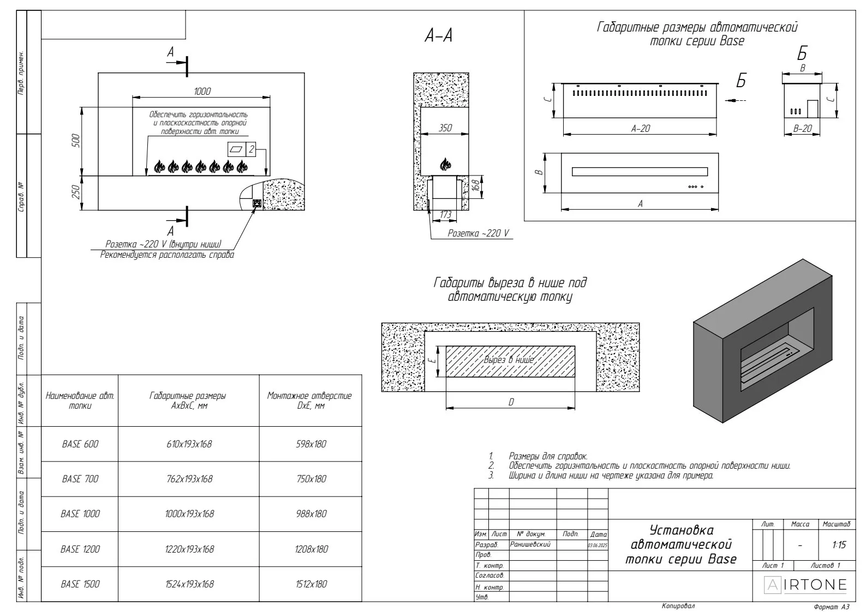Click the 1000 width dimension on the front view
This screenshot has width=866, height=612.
pyautogui.click(x=202, y=92)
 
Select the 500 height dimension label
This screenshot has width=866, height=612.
pyautogui.click(x=76, y=141)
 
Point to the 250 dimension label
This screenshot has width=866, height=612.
pyautogui.click(x=76, y=192)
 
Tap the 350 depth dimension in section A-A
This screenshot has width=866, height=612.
pyautogui.click(x=445, y=128)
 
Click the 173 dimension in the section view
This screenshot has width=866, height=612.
pyautogui.click(x=445, y=215)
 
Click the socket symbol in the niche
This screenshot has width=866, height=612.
pyautogui.click(x=256, y=204)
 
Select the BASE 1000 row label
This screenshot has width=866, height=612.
pyautogui.click(x=80, y=514)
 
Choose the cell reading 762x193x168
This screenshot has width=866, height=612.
pyautogui.click(x=189, y=479)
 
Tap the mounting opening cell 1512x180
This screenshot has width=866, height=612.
pyautogui.click(x=312, y=584)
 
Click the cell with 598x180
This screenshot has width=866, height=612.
pyautogui.click(x=312, y=444)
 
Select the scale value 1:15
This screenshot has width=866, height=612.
pyautogui.click(x=839, y=545)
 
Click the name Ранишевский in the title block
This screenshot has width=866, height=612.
pyautogui.click(x=530, y=544)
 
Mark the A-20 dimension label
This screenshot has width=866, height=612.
pyautogui.click(x=641, y=129)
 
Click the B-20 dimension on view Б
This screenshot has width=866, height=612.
pyautogui.click(x=802, y=129)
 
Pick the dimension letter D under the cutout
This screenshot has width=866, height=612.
pyautogui.click(x=511, y=402)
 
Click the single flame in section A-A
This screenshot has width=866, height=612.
pyautogui.click(x=445, y=163)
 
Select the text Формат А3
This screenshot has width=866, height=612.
pyautogui.click(x=831, y=606)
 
